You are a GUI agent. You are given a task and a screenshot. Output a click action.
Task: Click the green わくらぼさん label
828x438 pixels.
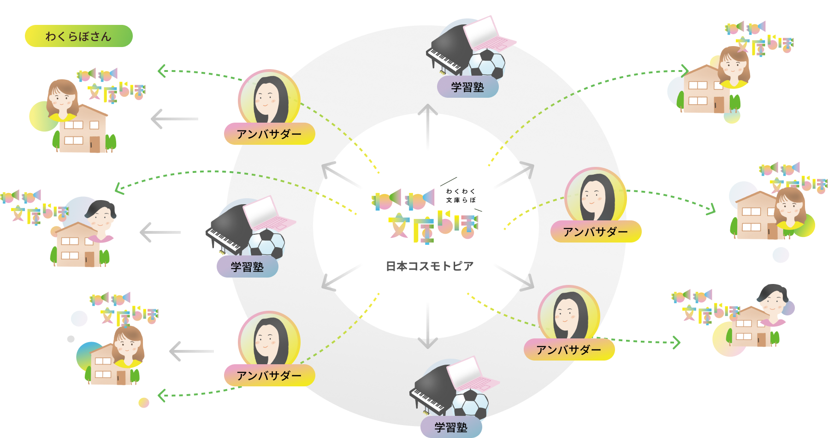coord(78,36)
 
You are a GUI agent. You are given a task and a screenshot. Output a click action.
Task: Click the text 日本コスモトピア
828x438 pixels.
coord(430,266)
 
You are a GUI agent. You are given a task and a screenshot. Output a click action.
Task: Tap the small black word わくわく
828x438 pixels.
coord(460,191)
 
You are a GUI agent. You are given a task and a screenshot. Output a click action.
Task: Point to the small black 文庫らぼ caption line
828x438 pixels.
coord(461,200)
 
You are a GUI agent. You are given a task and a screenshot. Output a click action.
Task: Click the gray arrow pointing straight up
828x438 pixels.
coord(428,124)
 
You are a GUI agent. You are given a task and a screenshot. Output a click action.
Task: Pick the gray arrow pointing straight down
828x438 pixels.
coord(428,327)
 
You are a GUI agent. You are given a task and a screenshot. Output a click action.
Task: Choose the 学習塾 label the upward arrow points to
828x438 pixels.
coord(467,87)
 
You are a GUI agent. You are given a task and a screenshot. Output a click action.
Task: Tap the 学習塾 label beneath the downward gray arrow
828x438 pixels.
coord(451,427)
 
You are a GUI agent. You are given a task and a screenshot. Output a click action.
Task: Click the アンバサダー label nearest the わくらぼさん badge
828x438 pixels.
coord(269,134)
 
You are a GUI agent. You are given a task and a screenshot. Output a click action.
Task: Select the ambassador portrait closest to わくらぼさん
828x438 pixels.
coord(269,99)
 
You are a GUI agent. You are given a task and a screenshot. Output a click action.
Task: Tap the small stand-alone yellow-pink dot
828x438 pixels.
coord(144,402)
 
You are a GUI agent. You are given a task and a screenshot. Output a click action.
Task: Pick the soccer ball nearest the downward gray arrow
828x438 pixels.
coord(470,403)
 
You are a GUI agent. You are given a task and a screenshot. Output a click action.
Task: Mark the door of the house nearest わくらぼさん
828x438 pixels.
coord(95,144)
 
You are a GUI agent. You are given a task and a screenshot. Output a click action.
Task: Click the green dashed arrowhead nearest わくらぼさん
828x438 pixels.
coord(161,71)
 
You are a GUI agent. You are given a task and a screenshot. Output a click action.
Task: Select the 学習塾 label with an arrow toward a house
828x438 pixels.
coord(247,267)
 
